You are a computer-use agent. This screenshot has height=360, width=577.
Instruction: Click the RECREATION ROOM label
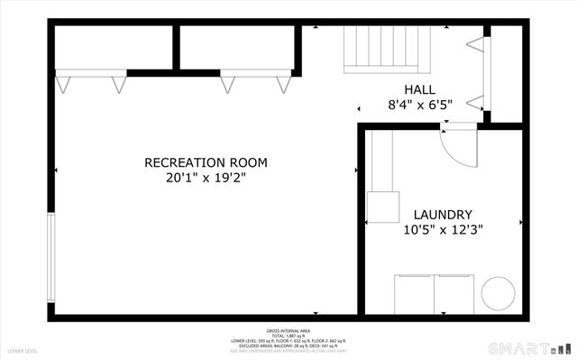pos(206,162)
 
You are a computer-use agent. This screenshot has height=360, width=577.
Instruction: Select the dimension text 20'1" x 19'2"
pos(206,178)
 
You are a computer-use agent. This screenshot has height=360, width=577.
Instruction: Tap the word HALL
pos(419,89)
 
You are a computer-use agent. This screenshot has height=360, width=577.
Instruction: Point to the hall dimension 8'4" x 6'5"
pos(419,105)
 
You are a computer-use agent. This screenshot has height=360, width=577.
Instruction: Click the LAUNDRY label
pos(443,214)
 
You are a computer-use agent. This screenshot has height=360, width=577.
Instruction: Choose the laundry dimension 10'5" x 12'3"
pos(443,229)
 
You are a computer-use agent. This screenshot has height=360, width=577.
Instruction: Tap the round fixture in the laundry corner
pos(498,293)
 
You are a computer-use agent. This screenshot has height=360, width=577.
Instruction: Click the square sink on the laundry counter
pos(383,208)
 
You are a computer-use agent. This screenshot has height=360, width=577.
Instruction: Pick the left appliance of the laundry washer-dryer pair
pos(415,293)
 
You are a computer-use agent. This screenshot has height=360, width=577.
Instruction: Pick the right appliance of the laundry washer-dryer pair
pos(453,293)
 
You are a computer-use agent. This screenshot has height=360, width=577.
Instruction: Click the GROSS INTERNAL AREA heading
pos(288,331)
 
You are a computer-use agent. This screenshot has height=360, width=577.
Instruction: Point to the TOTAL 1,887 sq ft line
pos(288,337)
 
